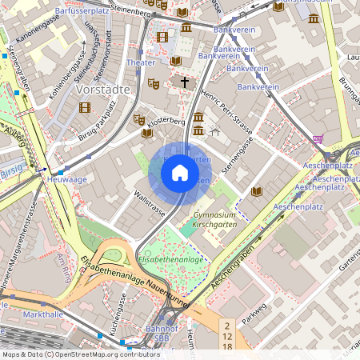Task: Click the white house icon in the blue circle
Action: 180,172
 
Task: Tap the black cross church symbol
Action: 185,82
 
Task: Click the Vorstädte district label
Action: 102,90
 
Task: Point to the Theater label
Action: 141,62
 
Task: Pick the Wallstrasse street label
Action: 150,202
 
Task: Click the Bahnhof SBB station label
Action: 161,334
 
